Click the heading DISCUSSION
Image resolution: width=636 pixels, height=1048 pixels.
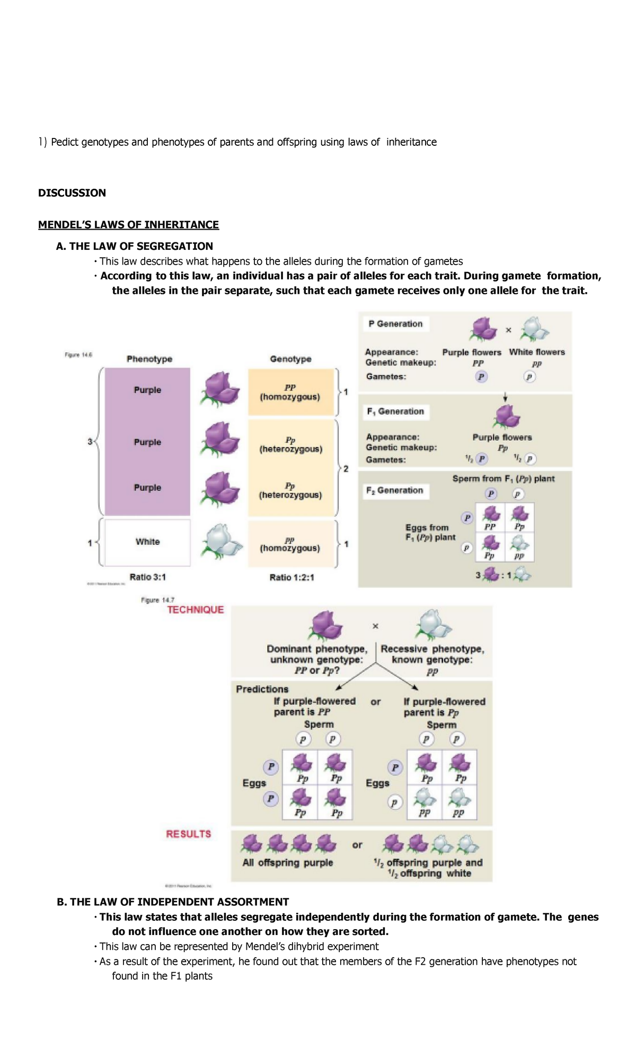72,193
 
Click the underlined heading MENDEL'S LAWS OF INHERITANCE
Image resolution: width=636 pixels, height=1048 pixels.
128,225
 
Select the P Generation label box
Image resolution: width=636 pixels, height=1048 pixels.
395,324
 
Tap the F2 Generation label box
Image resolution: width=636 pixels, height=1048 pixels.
395,491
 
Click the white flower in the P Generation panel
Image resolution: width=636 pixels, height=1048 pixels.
534,329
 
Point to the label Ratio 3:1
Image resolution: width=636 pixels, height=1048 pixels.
147,577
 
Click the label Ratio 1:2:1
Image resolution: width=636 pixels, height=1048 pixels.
291,578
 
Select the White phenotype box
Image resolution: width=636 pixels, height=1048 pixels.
147,542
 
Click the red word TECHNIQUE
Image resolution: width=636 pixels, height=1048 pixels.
196,610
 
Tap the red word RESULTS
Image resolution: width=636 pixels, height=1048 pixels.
189,834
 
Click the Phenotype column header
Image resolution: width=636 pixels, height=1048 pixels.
149,359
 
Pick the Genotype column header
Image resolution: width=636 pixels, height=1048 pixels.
290,359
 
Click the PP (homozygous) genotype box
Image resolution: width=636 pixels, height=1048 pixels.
290,392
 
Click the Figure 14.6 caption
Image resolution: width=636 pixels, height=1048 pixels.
78,355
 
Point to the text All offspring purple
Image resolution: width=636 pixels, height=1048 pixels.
288,863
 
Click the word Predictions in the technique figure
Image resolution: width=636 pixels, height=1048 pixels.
262,689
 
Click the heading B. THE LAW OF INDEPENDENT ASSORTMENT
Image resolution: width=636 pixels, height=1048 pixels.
173,902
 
